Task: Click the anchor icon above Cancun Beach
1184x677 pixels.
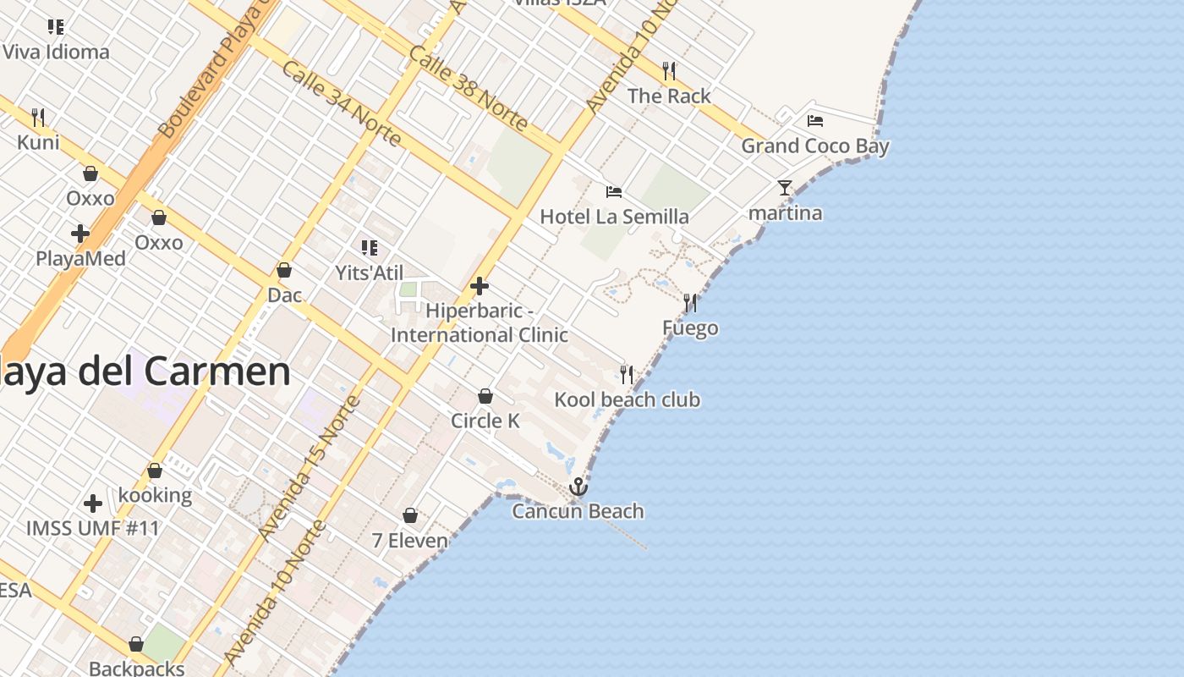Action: tap(578, 487)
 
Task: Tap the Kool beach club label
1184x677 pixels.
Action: tap(627, 399)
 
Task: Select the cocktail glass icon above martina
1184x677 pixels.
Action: tap(785, 188)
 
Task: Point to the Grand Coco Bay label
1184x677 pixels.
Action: tap(815, 146)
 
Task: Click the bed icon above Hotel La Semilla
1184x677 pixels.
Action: tap(614, 192)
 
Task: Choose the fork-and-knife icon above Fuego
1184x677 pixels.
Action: tap(690, 303)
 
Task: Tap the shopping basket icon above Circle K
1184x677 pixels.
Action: tap(485, 396)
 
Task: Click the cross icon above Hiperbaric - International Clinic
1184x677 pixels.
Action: tap(480, 286)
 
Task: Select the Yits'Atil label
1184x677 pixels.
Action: tap(369, 272)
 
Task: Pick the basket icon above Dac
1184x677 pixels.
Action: tap(284, 270)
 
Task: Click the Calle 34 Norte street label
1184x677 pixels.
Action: tap(342, 102)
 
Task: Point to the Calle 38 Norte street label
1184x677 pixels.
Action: tap(469, 88)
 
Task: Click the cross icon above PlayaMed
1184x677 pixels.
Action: tap(80, 234)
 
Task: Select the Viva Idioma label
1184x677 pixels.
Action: tap(56, 52)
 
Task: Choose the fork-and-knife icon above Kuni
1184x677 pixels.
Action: tap(38, 117)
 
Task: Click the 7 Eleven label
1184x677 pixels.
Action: tap(410, 540)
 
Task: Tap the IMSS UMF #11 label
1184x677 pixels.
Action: tap(93, 528)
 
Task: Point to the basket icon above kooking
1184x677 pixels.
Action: tap(155, 471)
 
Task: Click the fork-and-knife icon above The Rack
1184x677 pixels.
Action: tap(669, 70)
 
